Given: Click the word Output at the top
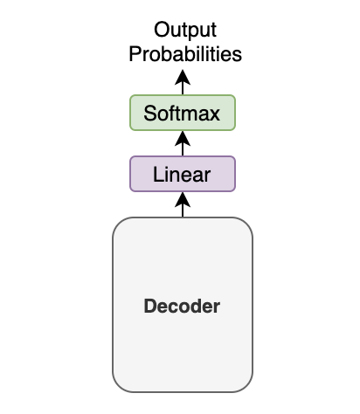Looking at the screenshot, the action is coord(185,30).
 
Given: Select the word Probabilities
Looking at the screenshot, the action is coord(185,54).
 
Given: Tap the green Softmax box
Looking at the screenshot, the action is coord(183,113).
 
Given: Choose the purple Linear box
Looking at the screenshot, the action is coord(183,174).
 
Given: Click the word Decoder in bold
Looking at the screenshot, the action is coord(182,306).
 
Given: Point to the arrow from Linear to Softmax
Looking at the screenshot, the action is coord(183,143).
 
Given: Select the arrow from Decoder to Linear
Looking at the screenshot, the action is coord(183,204).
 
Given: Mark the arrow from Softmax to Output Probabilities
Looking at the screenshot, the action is coord(183,82).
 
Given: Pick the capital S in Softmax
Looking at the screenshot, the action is coord(150,113).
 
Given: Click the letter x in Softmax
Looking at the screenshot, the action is coord(214,115).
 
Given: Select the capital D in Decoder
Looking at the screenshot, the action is coord(150,306).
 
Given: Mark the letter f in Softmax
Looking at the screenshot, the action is coord(173,113).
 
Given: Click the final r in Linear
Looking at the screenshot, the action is coord(207,176).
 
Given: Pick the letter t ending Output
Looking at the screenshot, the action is coord(213,30).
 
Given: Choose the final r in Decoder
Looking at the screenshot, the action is coord(217,308).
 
